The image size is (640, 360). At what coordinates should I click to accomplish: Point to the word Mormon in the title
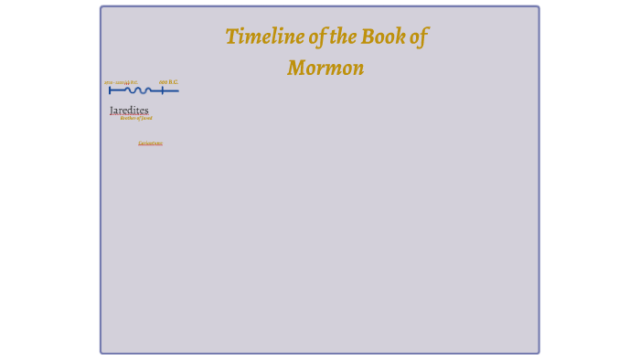tap(325, 68)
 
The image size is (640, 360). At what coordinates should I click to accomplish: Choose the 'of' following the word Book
tap(418, 37)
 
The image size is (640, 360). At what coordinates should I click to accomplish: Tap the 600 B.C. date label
tap(168, 82)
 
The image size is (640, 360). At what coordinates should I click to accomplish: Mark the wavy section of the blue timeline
tap(138, 90)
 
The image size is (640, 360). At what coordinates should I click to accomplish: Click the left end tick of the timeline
tap(110, 90)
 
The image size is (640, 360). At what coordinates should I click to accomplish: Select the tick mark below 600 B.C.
tap(163, 90)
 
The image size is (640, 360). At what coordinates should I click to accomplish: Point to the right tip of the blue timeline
tap(177, 90)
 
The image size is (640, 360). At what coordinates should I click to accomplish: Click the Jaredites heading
tap(129, 111)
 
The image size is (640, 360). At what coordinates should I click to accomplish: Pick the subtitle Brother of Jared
tap(136, 118)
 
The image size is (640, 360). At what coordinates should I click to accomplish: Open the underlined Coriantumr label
tap(151, 143)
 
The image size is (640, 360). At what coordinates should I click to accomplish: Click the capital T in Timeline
tap(231, 37)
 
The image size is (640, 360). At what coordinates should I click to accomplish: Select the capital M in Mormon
tap(296, 68)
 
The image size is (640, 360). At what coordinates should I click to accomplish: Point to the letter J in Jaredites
tap(112, 111)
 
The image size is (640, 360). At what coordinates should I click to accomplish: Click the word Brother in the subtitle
tap(127, 118)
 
